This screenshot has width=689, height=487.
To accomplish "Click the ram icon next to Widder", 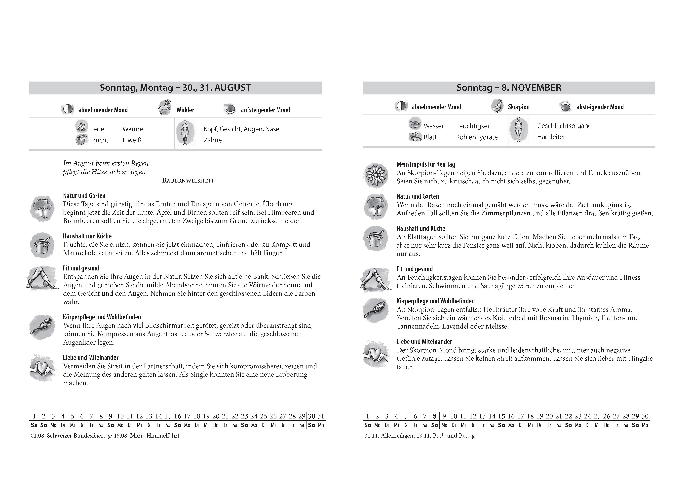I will (x=165, y=108).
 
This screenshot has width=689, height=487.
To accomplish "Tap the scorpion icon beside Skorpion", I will (x=497, y=106).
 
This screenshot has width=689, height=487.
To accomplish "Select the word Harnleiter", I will (x=551, y=137).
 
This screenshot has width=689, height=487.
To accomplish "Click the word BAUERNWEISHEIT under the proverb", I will (x=188, y=181).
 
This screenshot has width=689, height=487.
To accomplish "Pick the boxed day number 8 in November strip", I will (x=435, y=416).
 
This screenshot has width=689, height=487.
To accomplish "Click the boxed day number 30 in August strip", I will (x=312, y=416).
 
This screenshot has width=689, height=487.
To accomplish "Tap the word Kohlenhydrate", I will (x=477, y=137).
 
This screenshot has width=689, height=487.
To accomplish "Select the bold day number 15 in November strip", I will (x=501, y=416).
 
